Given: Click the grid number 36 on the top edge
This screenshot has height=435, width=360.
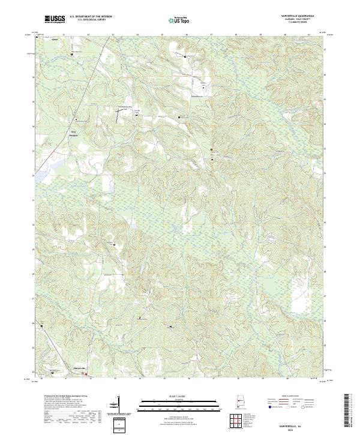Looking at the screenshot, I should pyautogui.click(x=187, y=34).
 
